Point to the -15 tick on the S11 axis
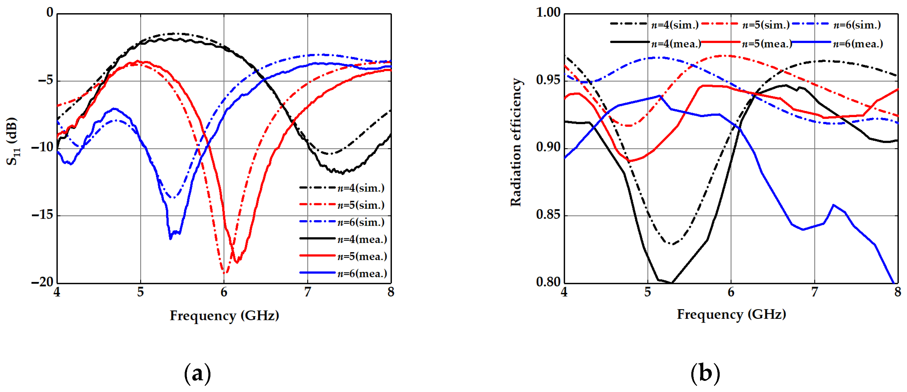point(42,215)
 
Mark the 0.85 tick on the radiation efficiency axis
point(548,215)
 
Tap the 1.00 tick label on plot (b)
point(548,13)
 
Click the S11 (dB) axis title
point(12,141)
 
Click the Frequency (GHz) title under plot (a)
point(224,316)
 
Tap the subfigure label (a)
point(197,373)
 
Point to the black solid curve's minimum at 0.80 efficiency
point(671,283)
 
